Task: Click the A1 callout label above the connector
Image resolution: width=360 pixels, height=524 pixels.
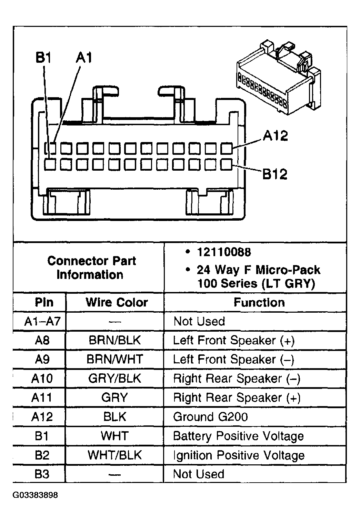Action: [84, 58]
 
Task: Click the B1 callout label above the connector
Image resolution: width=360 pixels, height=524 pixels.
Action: [43, 58]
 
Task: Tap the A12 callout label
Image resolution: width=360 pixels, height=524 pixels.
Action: [275, 136]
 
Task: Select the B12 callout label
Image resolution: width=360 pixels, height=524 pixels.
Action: [275, 174]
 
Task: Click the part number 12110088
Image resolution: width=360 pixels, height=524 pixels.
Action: [224, 252]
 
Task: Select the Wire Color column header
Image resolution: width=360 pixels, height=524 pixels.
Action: [117, 302]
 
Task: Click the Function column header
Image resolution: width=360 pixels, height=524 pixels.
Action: [259, 302]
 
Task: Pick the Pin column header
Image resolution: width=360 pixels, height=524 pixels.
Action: [44, 302]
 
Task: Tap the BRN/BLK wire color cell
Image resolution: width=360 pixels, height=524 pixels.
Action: [115, 340]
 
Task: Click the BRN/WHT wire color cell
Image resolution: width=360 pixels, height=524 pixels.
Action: [115, 359]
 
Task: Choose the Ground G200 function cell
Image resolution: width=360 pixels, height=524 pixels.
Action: [210, 417]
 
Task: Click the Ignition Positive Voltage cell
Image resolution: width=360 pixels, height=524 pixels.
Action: [239, 455]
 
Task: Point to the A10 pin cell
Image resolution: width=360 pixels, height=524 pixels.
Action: [42, 379]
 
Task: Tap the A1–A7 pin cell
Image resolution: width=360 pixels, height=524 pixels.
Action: [42, 321]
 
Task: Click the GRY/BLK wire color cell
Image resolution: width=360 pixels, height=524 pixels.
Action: [115, 379]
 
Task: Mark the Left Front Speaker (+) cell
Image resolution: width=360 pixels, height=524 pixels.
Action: [234, 341]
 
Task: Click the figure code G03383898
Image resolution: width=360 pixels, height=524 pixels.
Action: [35, 495]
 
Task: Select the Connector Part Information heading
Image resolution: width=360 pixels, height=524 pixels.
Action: [91, 268]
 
